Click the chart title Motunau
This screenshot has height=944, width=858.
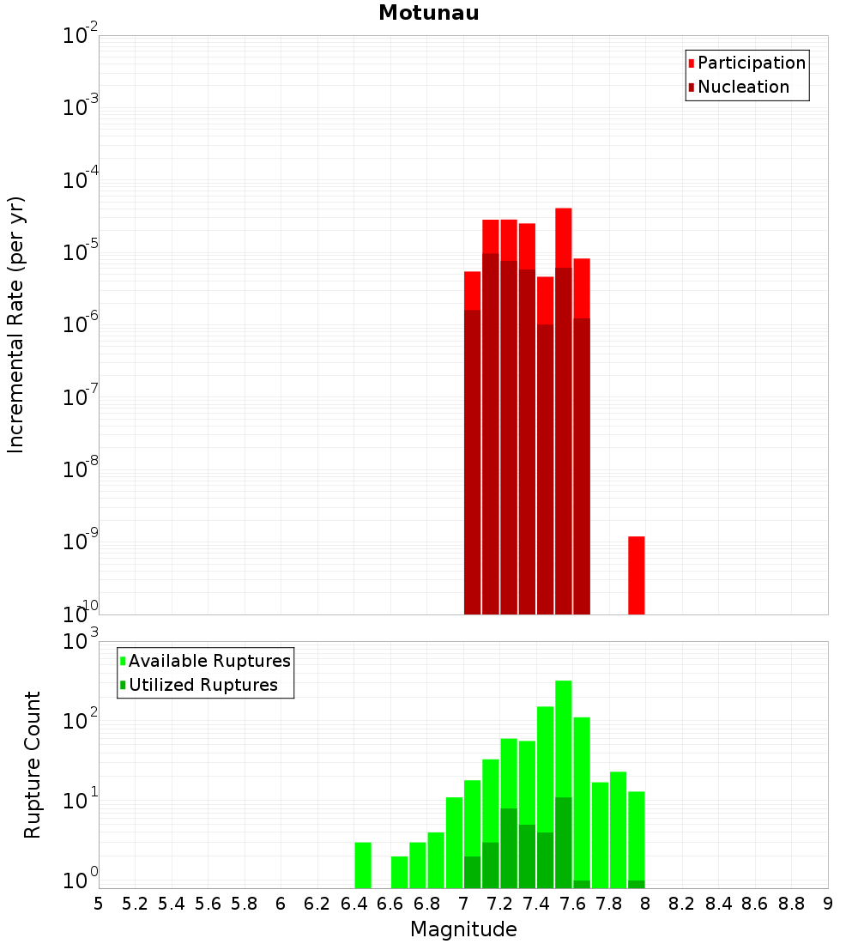point(428,13)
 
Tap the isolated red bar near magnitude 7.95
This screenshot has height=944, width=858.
point(636,575)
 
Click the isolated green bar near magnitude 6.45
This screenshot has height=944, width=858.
point(363,865)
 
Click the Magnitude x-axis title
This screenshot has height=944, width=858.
point(463,929)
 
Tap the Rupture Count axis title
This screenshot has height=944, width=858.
point(33,765)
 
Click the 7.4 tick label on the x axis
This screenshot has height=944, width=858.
point(536,904)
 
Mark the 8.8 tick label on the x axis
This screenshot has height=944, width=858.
point(791,904)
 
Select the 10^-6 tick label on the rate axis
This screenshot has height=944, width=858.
point(81,325)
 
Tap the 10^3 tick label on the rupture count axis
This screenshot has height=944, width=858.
point(82,642)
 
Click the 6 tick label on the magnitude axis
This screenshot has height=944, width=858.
point(281,904)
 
